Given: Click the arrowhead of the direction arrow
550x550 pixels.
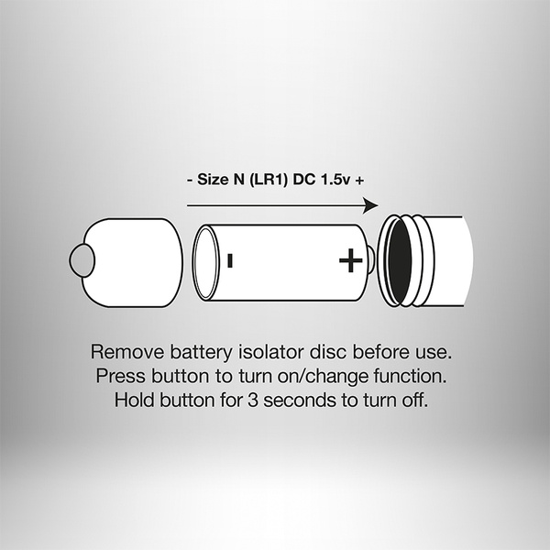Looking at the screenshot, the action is tap(370, 205).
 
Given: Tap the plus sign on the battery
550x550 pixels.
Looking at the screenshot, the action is tap(351, 260).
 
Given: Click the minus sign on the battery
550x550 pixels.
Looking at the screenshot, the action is tap(230, 260).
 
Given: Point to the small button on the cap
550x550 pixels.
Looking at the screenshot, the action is tap(82, 260).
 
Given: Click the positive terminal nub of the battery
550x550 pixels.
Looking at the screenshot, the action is tap(370, 260).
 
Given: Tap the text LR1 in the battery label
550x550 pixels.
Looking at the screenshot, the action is tap(269, 180).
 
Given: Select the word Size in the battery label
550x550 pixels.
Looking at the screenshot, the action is tap(213, 180).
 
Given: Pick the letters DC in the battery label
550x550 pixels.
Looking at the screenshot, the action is tap(304, 180).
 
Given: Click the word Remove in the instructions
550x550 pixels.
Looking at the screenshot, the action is tap(127, 351).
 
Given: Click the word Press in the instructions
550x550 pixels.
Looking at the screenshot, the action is tap(120, 376).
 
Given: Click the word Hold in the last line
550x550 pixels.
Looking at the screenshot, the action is tap(135, 400).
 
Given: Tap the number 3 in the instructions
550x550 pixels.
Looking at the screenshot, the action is tap(253, 401).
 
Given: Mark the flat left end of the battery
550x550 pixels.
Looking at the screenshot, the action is tap(205, 262).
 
